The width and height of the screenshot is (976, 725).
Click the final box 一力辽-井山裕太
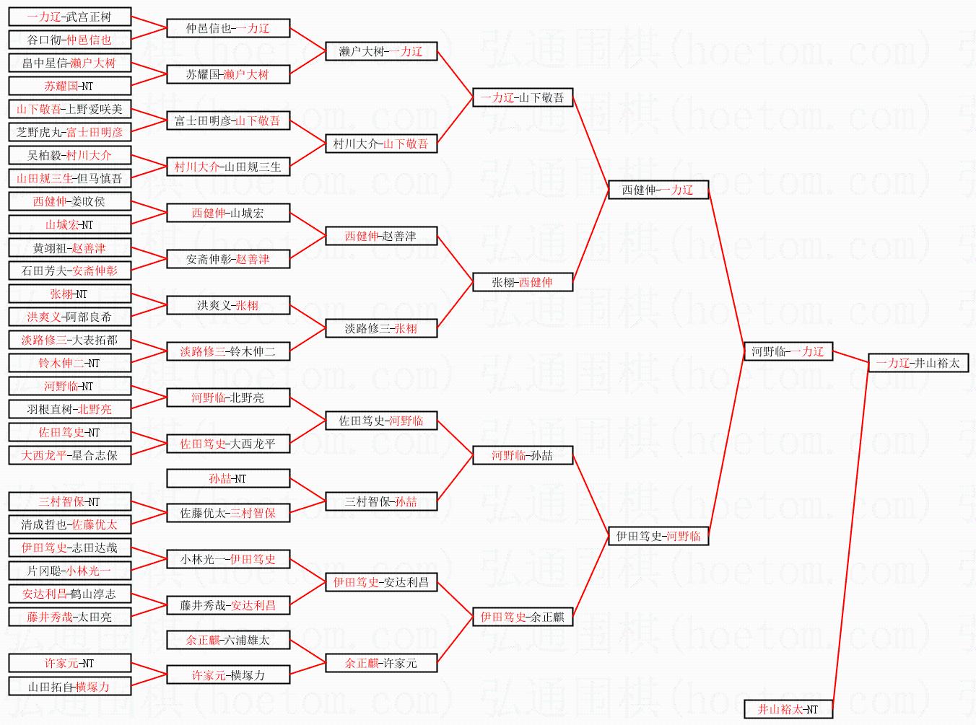[x=918, y=363]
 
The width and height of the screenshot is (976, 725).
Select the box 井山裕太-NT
[x=788, y=709]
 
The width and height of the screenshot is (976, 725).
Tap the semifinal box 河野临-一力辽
[x=788, y=351]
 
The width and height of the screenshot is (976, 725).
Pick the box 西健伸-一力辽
[x=658, y=190]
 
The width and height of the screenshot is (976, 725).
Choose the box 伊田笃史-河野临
[x=658, y=536]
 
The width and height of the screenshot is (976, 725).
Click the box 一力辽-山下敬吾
[x=523, y=97]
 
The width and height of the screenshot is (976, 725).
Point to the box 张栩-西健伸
[x=523, y=282]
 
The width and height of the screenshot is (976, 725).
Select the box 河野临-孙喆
[x=523, y=455]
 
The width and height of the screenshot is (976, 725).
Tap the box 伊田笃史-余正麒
[x=523, y=617]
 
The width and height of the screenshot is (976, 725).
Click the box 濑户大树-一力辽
[x=381, y=51]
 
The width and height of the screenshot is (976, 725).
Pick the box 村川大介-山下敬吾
[x=381, y=144]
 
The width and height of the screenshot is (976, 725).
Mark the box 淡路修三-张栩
[x=381, y=328]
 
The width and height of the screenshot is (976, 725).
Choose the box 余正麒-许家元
[x=381, y=663]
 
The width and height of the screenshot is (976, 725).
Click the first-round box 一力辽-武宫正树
[x=69, y=17]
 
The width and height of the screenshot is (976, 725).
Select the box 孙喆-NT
[x=228, y=478]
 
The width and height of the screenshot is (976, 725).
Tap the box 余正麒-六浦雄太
[x=228, y=640]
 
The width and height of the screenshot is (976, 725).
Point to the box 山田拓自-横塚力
[x=69, y=686]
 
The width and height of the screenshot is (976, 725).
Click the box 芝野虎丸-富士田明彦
[x=69, y=132]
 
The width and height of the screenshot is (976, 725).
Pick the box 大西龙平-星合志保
[x=69, y=455]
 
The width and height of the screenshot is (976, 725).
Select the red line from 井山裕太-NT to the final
[x=850, y=534]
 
